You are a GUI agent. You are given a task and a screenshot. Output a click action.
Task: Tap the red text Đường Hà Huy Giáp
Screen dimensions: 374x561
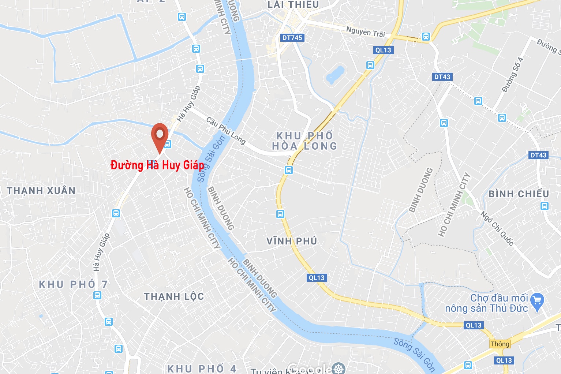(x=157, y=165)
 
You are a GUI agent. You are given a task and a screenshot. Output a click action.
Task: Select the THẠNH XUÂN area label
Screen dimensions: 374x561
(x=41, y=191)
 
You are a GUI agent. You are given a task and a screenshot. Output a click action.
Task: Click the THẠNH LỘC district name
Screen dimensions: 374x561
(x=174, y=296)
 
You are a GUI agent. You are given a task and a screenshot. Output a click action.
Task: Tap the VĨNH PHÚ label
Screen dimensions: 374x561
(x=292, y=241)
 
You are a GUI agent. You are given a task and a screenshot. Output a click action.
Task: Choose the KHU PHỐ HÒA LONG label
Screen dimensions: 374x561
(x=304, y=141)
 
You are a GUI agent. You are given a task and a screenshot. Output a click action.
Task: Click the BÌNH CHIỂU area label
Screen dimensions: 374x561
(x=519, y=194)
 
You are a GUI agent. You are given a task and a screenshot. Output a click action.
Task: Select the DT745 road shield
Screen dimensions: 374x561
(x=292, y=38)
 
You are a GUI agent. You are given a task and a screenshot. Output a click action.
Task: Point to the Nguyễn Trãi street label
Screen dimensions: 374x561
(x=366, y=32)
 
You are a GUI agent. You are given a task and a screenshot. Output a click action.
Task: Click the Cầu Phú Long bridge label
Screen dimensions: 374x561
(x=225, y=130)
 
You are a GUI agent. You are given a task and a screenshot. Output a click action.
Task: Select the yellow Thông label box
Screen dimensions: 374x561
(x=500, y=344)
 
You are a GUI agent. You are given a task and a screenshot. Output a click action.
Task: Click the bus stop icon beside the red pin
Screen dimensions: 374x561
(x=168, y=144)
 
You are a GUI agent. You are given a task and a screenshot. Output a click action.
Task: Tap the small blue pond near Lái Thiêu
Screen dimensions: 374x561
(x=335, y=74)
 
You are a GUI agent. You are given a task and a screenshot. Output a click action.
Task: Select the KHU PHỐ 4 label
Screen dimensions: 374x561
(x=202, y=369)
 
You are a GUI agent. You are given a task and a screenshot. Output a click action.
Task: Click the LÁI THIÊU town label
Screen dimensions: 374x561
(x=293, y=5)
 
